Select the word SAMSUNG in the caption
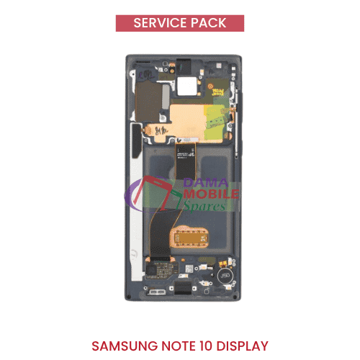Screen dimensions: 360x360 [125, 346]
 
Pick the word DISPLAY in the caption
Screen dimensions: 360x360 [242, 346]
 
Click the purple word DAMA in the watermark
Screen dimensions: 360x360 [205, 183]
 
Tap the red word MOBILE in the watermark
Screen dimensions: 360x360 [211, 194]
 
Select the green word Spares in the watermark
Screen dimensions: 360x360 [204, 207]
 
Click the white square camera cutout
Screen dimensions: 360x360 [186, 86]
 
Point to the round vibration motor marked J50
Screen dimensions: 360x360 [225, 276]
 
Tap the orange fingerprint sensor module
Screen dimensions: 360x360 [189, 238]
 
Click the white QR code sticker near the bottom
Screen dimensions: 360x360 [189, 269]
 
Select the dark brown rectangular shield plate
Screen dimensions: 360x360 [148, 101]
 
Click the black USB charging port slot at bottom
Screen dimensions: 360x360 [183, 287]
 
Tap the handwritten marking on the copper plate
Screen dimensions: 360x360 [161, 131]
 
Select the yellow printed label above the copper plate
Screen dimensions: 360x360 [217, 92]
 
